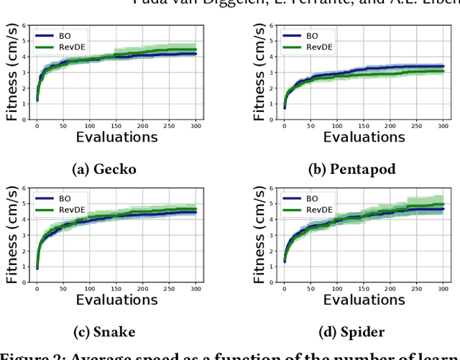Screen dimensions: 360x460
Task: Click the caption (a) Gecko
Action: point(105,170)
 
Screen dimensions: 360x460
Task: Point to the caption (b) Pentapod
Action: point(351,170)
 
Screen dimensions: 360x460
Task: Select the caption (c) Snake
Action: point(105,332)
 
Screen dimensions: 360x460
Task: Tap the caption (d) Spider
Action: point(351,332)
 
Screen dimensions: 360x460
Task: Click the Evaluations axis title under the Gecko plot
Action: point(116,137)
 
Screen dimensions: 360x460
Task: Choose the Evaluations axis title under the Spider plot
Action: point(364,300)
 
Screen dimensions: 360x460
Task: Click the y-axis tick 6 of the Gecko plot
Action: point(26,26)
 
